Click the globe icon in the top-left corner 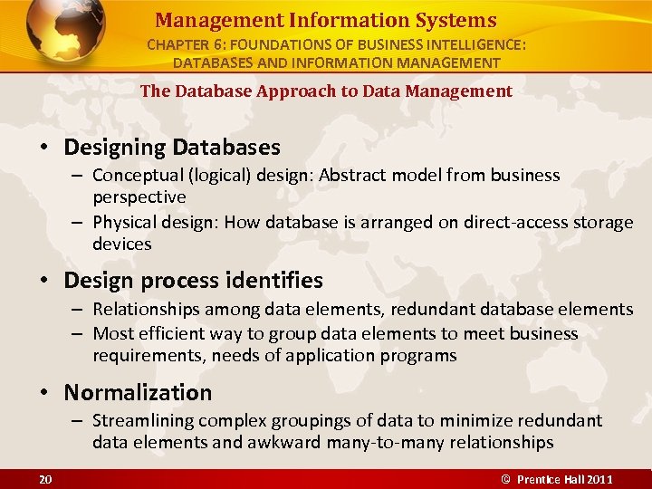click(x=64, y=33)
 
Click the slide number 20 click(x=44, y=479)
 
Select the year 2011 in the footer click(x=599, y=479)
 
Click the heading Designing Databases click(x=172, y=147)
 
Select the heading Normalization click(x=138, y=392)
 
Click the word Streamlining click(x=143, y=420)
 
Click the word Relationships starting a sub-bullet click(x=149, y=310)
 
